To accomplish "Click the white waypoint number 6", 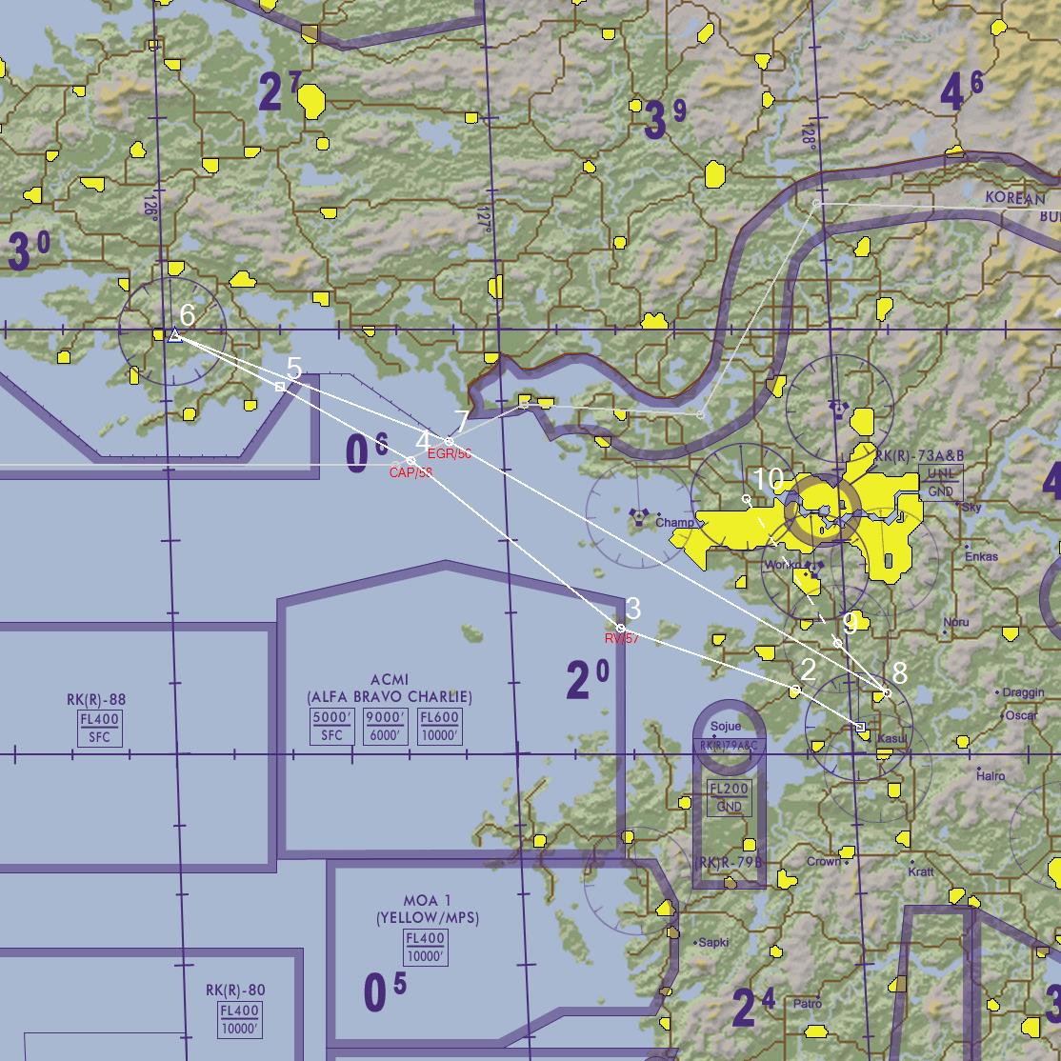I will (188, 314).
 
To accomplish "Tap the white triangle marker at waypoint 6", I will (174, 334).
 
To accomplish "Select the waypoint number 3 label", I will (633, 607).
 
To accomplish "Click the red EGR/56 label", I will (450, 453).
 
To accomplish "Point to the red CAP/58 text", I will (410, 472).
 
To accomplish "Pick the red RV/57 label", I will (622, 638).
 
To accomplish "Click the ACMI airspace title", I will (390, 679).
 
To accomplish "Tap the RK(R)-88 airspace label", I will (96, 700).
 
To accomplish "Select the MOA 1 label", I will (428, 900).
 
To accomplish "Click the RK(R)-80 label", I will (235, 990).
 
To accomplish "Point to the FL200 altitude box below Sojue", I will (730, 789).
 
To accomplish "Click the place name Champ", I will (675, 523).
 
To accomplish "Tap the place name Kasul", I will (893, 739).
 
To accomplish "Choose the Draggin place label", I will (1024, 692).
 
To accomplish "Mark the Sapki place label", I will (712, 942).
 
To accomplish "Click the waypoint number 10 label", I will (768, 479).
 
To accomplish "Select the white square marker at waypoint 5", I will (279, 387).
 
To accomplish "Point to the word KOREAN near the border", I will (1015, 198).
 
